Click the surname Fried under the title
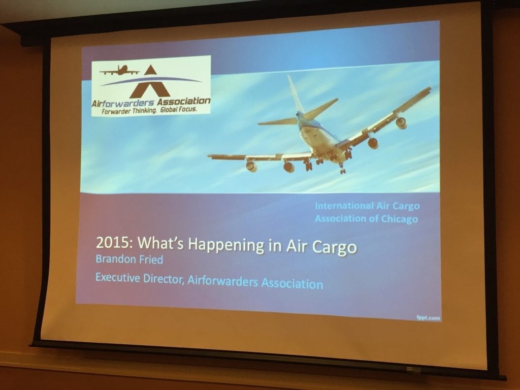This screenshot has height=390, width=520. (x=150, y=259)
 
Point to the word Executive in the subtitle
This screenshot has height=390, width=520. (x=118, y=277)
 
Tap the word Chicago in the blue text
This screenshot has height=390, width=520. (x=399, y=219)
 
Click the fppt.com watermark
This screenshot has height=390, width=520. (x=429, y=318)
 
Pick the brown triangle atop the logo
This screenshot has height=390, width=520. (x=150, y=70)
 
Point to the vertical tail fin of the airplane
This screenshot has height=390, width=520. (x=295, y=94)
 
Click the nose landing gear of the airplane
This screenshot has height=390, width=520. (x=342, y=169)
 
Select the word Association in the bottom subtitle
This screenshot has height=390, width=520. (x=292, y=284)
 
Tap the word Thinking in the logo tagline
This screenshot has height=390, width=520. (x=145, y=111)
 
